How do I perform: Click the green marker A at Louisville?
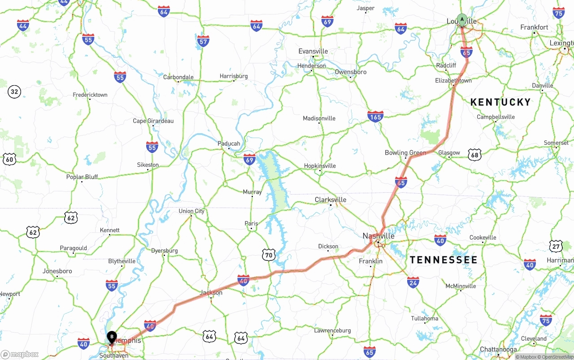(462, 20)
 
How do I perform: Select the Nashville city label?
(378, 236)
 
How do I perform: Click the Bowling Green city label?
(405, 153)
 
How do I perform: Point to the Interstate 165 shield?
(375, 117)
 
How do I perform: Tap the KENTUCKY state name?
(500, 102)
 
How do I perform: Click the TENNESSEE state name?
(444, 260)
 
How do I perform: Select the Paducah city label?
(229, 144)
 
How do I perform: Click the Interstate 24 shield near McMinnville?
(413, 282)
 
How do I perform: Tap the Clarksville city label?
(330, 200)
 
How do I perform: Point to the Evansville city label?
(313, 52)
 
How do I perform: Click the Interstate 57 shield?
(203, 41)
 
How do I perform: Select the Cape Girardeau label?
(153, 121)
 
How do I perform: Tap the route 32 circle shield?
(14, 92)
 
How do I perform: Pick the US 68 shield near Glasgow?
(474, 155)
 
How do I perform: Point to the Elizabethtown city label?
(453, 81)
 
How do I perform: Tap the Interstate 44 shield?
(23, 25)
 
